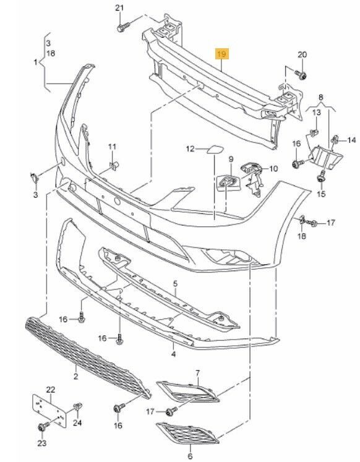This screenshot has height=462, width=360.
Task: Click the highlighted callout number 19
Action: [x=221, y=54]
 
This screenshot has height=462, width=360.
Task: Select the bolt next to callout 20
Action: [x=301, y=75]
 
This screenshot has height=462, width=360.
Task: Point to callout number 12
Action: [x=191, y=149]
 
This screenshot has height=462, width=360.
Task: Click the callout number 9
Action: [x=231, y=159]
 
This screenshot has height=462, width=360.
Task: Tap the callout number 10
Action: [x=273, y=169]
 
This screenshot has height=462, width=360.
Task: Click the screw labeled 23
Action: [x=44, y=426]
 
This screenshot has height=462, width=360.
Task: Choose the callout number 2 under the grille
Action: [x=75, y=376]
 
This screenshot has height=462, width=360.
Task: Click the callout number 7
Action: [x=197, y=373]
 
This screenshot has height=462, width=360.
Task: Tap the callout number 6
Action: [x=190, y=456]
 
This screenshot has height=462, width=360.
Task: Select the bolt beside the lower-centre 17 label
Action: [x=171, y=411]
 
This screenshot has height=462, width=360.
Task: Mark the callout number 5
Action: [x=175, y=284]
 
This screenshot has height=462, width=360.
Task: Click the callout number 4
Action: [x=173, y=354]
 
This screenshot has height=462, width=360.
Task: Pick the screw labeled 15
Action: [x=320, y=178]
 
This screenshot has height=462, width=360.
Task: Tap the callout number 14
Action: [x=351, y=140]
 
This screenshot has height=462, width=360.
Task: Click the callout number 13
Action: [x=317, y=113]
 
